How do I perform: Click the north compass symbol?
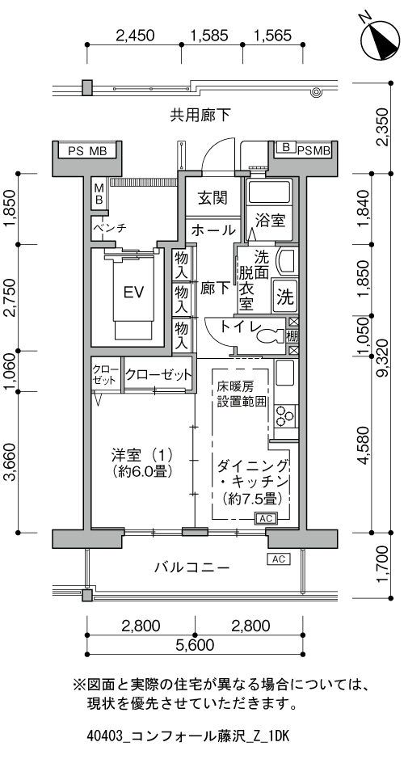coord(381,39)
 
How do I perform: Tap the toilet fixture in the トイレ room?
coord(270,335)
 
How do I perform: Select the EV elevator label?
coord(134,293)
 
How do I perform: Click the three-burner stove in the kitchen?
coord(284,416)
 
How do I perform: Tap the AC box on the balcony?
coord(278,559)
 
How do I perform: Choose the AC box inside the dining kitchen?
coord(265,518)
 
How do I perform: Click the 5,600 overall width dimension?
coord(195,645)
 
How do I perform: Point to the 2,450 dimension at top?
coord(135,36)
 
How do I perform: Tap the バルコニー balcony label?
coord(191,567)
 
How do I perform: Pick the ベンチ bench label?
coord(110,228)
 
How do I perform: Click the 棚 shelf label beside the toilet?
coord(293,335)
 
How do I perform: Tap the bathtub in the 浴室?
coord(268,192)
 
